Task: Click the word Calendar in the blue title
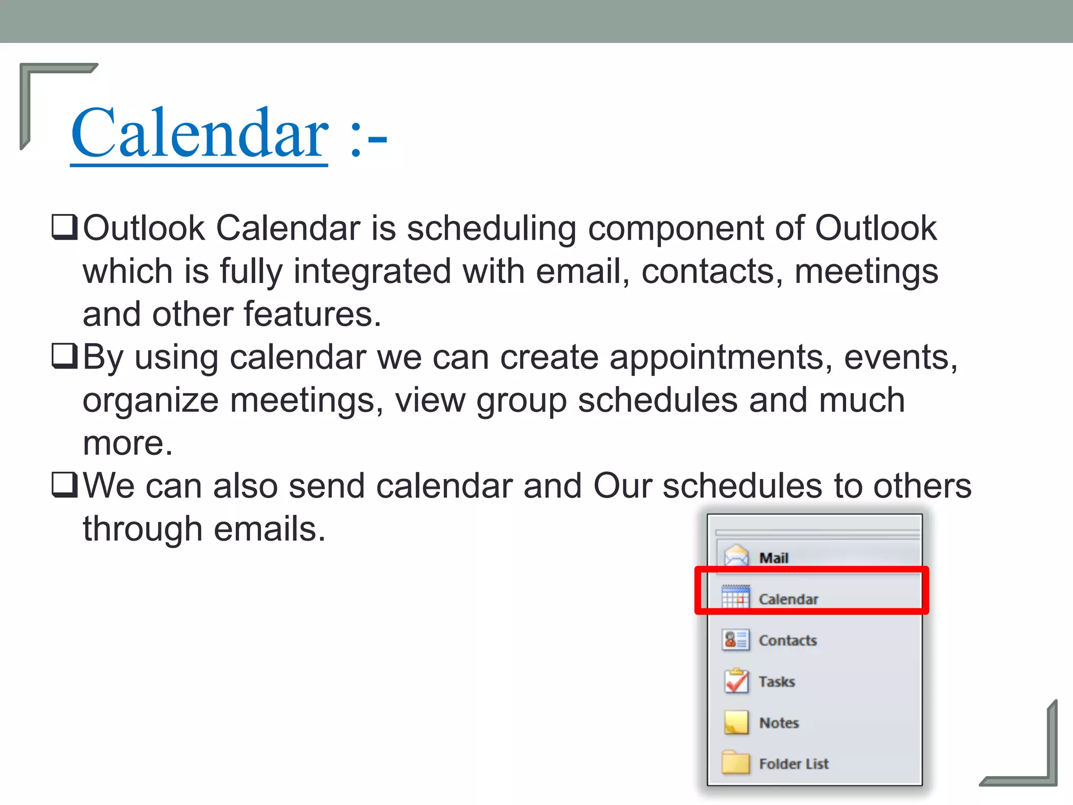pyautogui.click(x=200, y=133)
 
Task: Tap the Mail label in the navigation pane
pyautogui.click(x=774, y=558)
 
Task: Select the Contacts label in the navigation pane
pyautogui.click(x=787, y=640)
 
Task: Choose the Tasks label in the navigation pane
pyautogui.click(x=777, y=682)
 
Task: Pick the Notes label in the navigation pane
pyautogui.click(x=779, y=723)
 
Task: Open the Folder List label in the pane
pyautogui.click(x=794, y=764)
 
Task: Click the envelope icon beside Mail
pyautogui.click(x=736, y=556)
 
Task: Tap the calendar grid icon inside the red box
pyautogui.click(x=736, y=597)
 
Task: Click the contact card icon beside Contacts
pyautogui.click(x=736, y=640)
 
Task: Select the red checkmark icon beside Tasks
pyautogui.click(x=736, y=681)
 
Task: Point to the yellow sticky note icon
pyautogui.click(x=736, y=722)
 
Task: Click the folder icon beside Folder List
pyautogui.click(x=736, y=763)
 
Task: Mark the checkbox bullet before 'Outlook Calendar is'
pyautogui.click(x=64, y=227)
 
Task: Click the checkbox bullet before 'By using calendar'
pyautogui.click(x=64, y=356)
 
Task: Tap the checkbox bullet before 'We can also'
pyautogui.click(x=64, y=485)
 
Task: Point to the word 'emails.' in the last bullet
pyautogui.click(x=269, y=529)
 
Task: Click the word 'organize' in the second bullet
pyautogui.click(x=150, y=401)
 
